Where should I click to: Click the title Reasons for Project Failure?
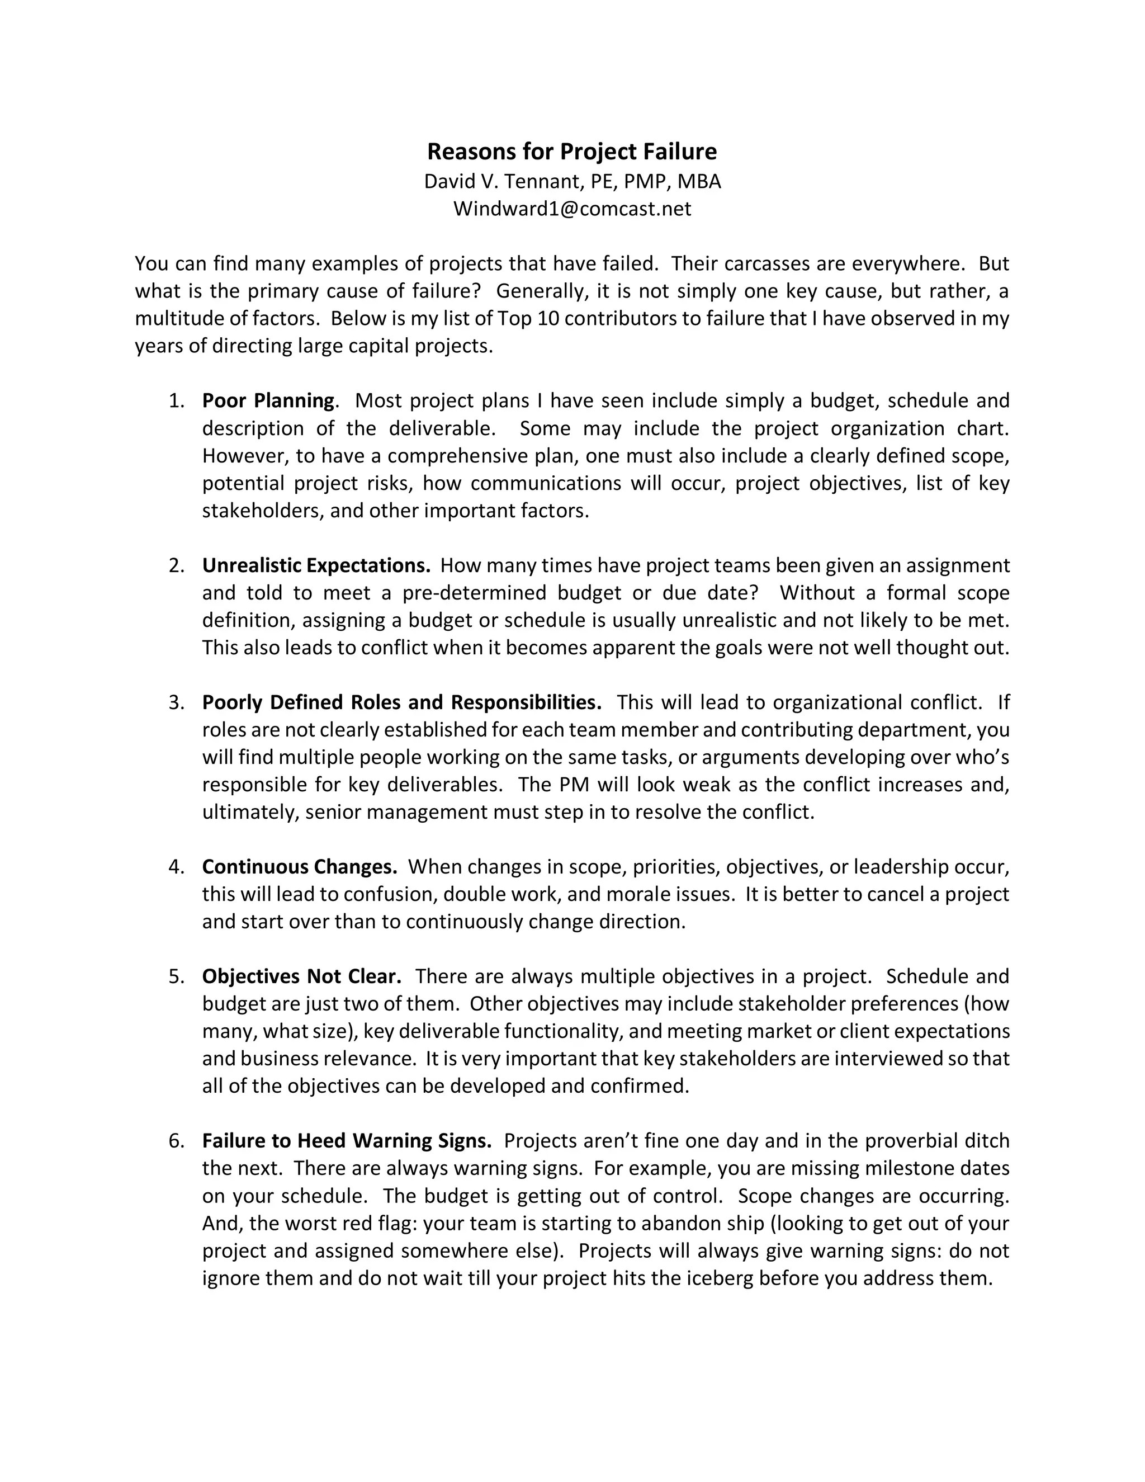(571, 152)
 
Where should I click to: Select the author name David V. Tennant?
(500, 181)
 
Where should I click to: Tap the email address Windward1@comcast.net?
(572, 209)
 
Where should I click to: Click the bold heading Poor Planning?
(268, 400)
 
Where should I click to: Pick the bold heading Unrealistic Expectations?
(316, 565)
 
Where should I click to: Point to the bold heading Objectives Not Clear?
(301, 976)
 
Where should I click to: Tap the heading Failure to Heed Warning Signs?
(347, 1141)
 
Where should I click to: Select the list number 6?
(176, 1141)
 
